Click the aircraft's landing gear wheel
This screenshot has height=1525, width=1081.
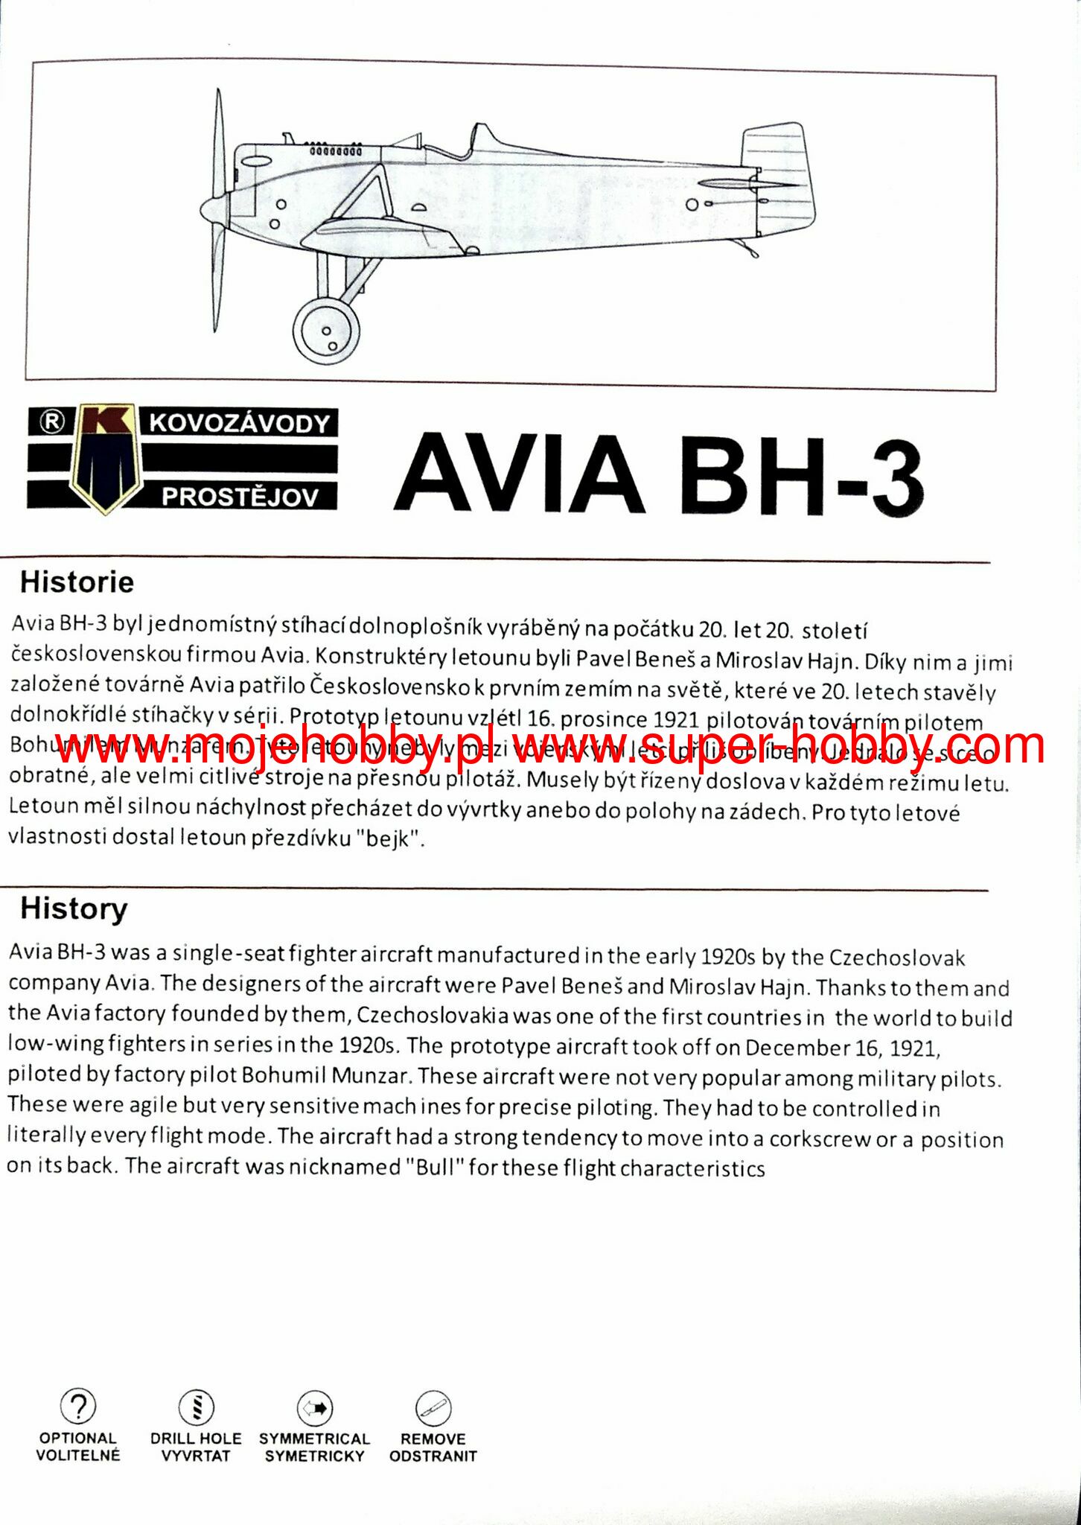[x=326, y=331]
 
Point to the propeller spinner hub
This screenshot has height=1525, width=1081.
[x=212, y=208]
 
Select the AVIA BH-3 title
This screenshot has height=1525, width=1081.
[x=659, y=474]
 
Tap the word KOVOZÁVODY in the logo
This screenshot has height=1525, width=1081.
[x=240, y=423]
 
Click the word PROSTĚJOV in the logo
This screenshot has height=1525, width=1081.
[x=240, y=497]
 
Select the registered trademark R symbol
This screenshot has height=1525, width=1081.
[x=51, y=421]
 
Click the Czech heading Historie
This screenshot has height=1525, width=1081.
[x=77, y=582]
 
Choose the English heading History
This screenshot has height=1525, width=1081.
[x=74, y=908]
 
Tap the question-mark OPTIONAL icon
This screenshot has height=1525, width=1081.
[x=77, y=1406]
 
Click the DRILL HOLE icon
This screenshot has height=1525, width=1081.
[x=197, y=1407]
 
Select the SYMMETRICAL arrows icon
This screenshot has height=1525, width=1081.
[x=314, y=1408]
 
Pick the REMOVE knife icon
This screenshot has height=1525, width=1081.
[x=433, y=1408]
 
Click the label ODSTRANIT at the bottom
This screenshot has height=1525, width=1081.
[x=433, y=1456]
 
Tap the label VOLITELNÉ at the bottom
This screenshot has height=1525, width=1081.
[x=78, y=1455]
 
